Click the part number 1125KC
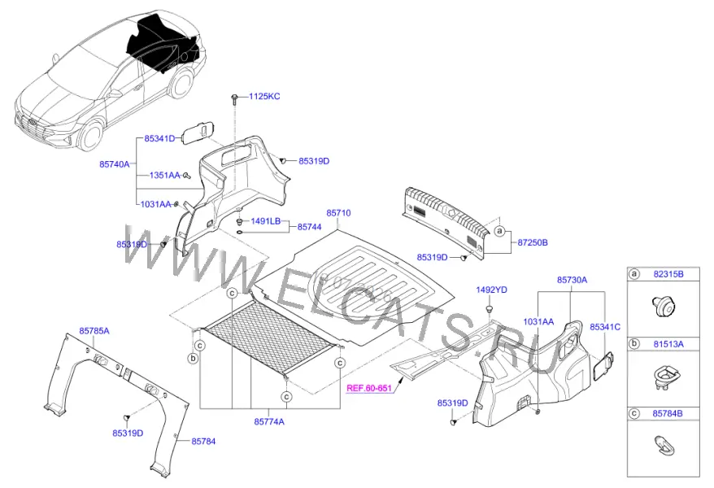(264, 97)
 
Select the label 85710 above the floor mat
(338, 212)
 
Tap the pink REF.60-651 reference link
(369, 388)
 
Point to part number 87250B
(533, 242)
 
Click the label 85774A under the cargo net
(268, 421)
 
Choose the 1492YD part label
(491, 290)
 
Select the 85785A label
(94, 331)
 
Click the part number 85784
(203, 441)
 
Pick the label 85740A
(115, 164)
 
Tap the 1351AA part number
(165, 175)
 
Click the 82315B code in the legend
(668, 274)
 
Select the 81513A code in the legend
(668, 344)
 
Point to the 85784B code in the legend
(667, 414)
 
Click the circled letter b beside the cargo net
(193, 358)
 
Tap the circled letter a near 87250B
(500, 231)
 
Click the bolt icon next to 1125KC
(234, 98)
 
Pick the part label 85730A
(572, 280)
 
